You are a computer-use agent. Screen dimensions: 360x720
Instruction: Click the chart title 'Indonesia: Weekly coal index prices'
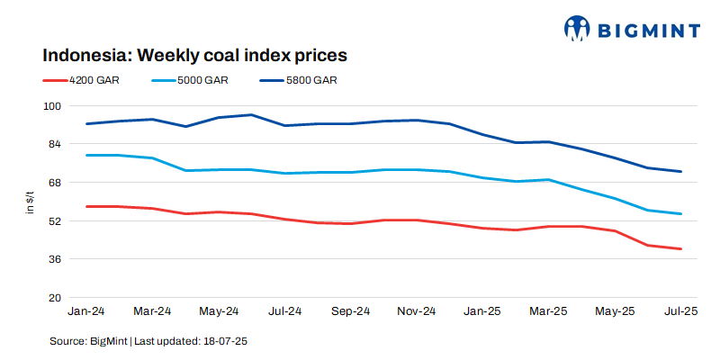pos(194,55)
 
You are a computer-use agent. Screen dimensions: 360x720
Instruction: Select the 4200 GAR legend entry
pos(94,80)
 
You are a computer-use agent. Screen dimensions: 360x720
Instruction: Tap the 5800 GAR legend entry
pos(311,80)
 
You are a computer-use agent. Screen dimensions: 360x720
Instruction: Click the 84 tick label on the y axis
pos(53,144)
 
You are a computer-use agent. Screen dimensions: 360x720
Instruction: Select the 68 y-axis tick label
pos(53,183)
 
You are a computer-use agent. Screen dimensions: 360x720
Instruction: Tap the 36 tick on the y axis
pos(53,259)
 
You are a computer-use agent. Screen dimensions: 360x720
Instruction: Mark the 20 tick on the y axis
pos(53,297)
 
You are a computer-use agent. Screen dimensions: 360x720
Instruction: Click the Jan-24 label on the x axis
pos(86,311)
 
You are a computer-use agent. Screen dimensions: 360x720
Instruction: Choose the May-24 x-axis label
pos(219,311)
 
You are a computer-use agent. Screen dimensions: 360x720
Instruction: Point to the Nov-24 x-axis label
pos(416,311)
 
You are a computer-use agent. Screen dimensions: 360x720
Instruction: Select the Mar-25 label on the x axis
pos(548,311)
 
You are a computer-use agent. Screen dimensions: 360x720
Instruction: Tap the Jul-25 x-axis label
pos(680,311)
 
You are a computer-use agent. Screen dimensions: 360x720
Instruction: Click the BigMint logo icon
pos(578,28)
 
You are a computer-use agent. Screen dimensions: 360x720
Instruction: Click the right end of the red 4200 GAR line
pos(680,248)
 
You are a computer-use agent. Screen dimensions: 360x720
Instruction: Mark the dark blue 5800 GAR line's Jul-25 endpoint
pos(680,171)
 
